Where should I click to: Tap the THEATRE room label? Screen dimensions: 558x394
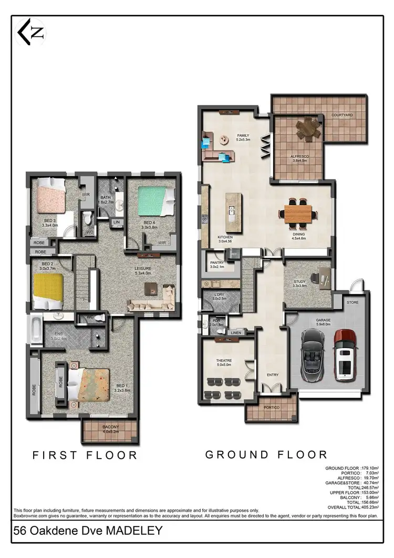coord(224,361)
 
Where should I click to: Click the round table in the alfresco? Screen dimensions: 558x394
coord(307,129)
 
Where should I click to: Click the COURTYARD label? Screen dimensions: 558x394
coord(341,115)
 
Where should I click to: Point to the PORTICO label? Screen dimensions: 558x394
coord(272,408)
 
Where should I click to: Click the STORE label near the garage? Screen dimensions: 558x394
coord(352,303)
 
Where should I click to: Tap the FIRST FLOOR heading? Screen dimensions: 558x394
coord(85,455)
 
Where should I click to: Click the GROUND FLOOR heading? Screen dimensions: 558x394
coord(266,454)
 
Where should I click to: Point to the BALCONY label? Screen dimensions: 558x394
coord(111,427)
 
